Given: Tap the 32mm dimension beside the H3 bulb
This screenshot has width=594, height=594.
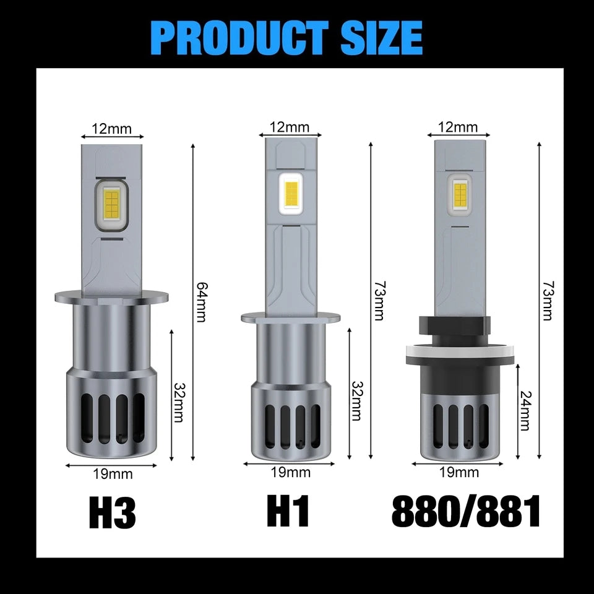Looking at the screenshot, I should click(178, 402).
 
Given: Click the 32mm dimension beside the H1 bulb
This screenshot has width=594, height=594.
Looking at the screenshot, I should click(356, 400).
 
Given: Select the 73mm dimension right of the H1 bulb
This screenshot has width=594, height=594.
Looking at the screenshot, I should click(379, 301).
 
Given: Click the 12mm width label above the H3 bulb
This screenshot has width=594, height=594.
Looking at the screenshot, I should click(112, 129).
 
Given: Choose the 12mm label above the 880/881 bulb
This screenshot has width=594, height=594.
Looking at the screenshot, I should click(458, 127).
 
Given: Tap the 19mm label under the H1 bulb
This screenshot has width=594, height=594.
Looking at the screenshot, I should click(290, 472).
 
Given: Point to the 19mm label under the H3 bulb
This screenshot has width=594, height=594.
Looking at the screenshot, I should click(113, 475).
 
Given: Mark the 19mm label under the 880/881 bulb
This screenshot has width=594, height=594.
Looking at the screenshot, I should click(459, 472).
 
